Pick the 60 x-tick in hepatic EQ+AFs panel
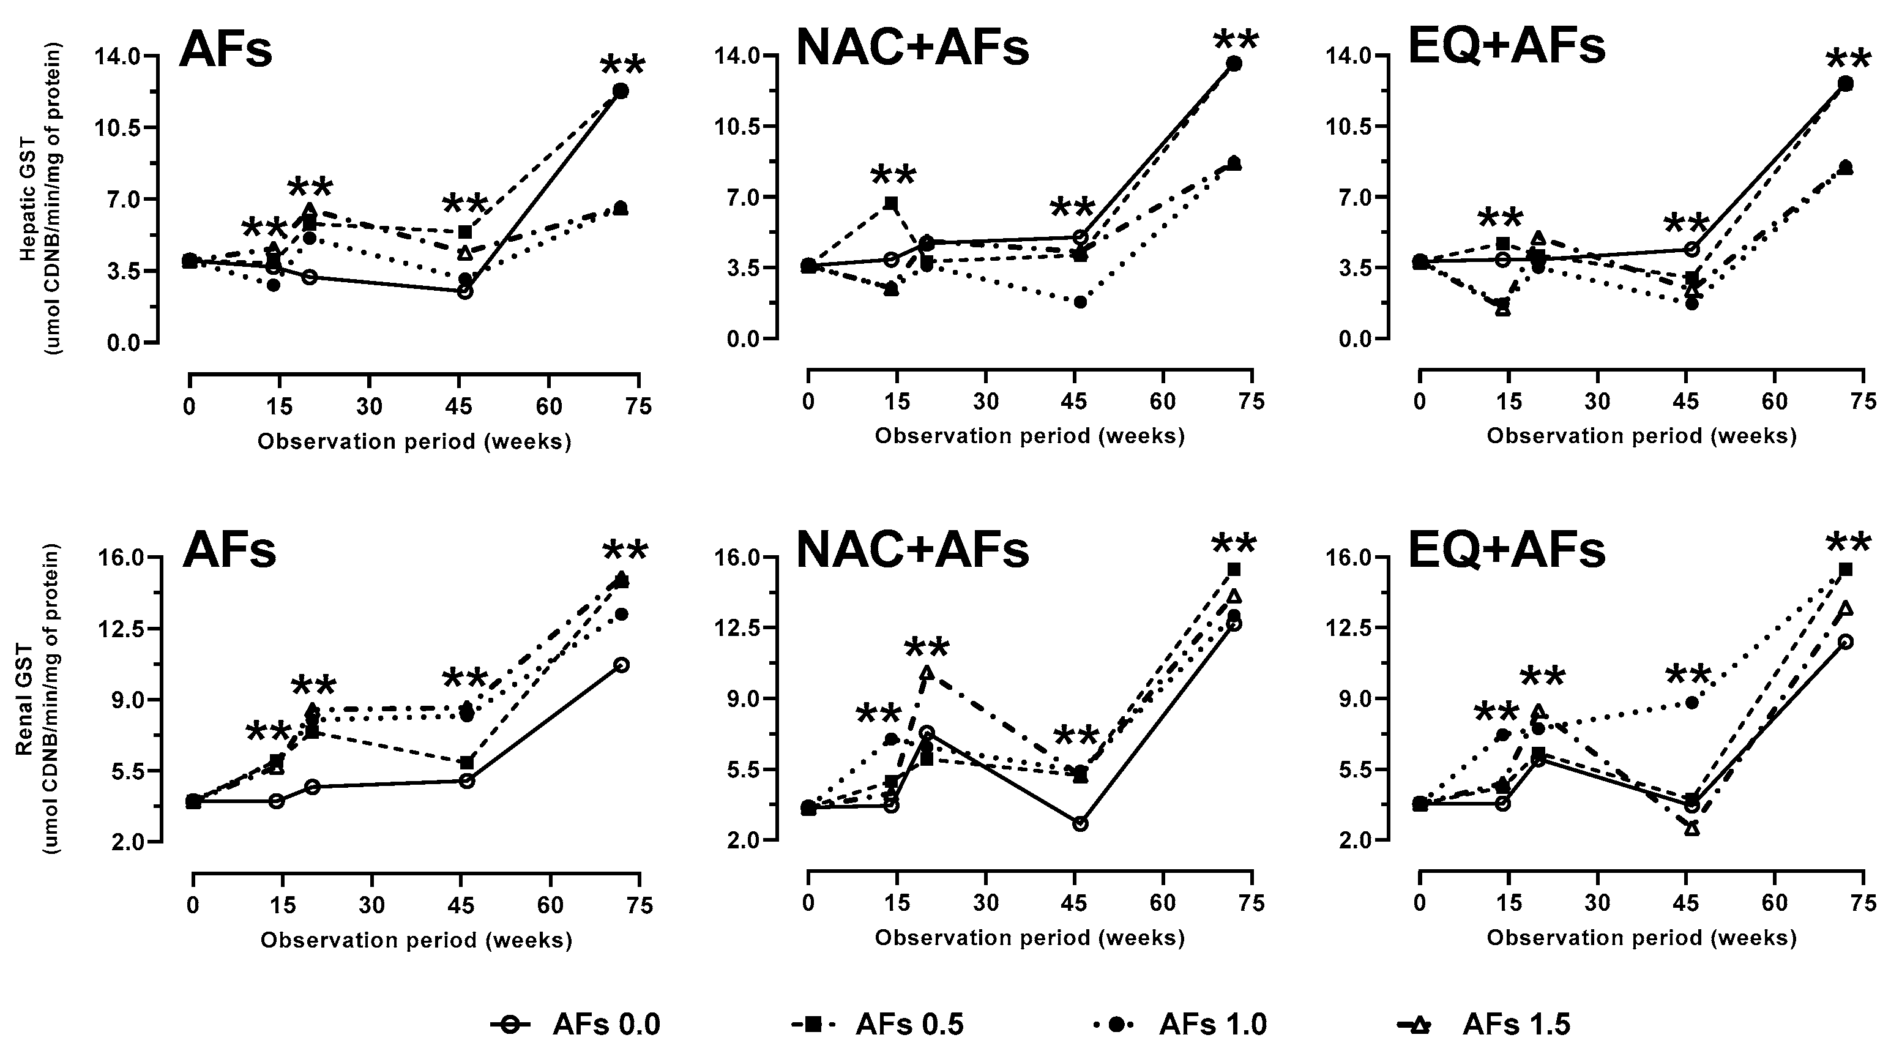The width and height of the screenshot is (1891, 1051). tap(1774, 402)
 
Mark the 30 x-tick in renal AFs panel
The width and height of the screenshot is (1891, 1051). tap(371, 905)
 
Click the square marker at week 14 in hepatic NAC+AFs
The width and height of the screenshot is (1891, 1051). tap(891, 203)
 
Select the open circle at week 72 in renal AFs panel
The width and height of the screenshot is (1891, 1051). tap(621, 665)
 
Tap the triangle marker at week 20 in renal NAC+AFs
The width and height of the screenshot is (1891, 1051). tap(927, 672)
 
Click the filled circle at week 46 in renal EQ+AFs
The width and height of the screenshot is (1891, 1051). tap(1692, 703)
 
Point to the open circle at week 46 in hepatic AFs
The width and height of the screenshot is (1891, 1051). tap(464, 291)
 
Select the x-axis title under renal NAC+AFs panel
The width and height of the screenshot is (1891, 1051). tap(1029, 937)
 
